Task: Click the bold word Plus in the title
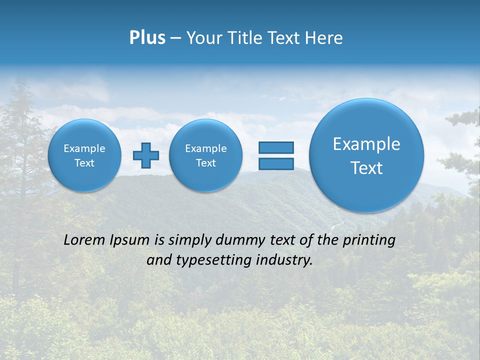(x=147, y=38)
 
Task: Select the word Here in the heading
(x=324, y=38)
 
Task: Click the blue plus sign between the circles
(x=146, y=155)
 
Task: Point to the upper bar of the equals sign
(x=275, y=147)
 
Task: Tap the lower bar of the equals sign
(x=275, y=163)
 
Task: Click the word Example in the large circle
(x=366, y=144)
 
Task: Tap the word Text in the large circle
(x=366, y=168)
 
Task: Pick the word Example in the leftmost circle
(x=84, y=148)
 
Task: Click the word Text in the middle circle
(x=206, y=163)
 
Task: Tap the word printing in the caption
(x=369, y=240)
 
